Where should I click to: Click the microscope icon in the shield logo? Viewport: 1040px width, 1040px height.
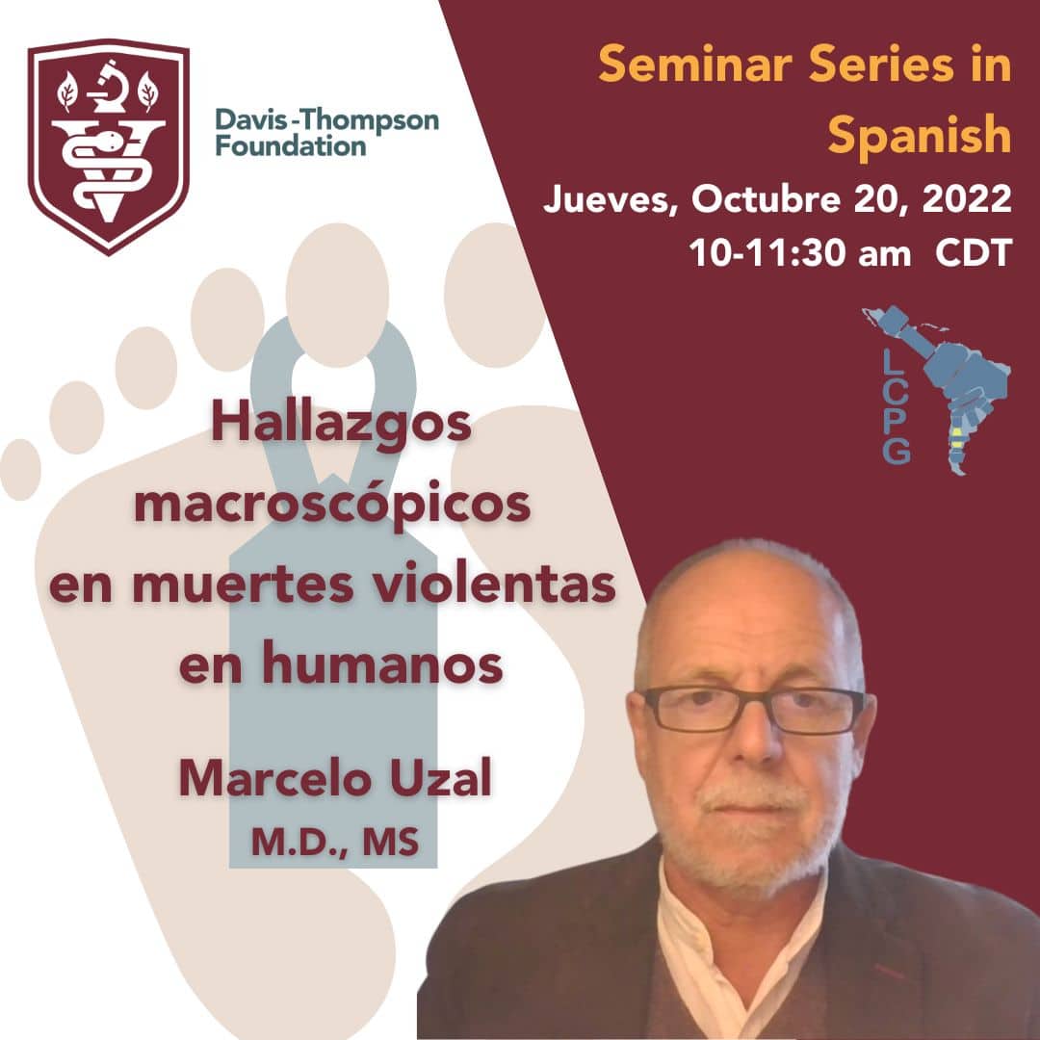click(108, 87)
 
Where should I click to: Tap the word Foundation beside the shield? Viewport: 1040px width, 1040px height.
click(290, 145)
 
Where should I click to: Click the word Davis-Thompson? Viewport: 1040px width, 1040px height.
click(326, 119)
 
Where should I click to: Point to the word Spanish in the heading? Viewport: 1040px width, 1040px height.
click(919, 136)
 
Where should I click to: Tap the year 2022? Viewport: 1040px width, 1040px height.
click(967, 199)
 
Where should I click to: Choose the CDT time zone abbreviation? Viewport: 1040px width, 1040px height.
click(973, 252)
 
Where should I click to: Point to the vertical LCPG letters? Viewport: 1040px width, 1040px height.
click(897, 406)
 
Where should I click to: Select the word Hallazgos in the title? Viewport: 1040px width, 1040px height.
click(341, 425)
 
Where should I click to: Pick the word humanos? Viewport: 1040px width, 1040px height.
click(382, 663)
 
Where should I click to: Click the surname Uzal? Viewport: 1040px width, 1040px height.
click(440, 778)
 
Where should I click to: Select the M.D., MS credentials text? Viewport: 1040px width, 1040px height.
click(335, 842)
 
